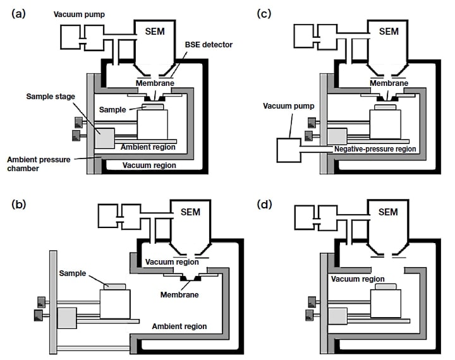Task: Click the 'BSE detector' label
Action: (209, 45)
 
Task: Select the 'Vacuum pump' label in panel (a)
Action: (79, 13)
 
